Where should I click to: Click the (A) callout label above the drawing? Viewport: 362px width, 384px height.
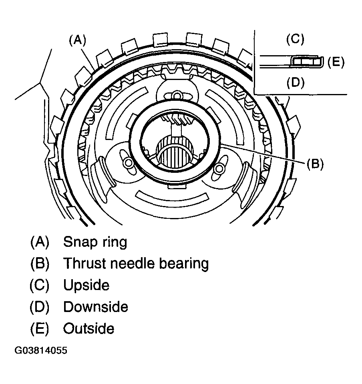pyautogui.click(x=77, y=41)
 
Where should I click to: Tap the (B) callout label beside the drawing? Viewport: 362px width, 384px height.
pyautogui.click(x=315, y=164)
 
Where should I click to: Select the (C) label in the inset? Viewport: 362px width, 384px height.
pyautogui.click(x=296, y=40)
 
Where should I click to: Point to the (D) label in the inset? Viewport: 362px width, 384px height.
pyautogui.click(x=296, y=82)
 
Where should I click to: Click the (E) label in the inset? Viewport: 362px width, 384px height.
pyautogui.click(x=336, y=62)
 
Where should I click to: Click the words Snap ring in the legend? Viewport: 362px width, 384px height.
pyautogui.click(x=95, y=242)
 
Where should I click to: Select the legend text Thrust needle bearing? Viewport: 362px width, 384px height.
pyautogui.click(x=136, y=264)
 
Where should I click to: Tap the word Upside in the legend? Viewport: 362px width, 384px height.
pyautogui.click(x=86, y=285)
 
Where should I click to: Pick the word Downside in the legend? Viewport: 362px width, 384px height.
pyautogui.click(x=96, y=307)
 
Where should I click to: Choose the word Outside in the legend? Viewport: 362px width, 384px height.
pyautogui.click(x=89, y=328)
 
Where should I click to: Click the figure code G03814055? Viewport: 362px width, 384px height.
pyautogui.click(x=41, y=350)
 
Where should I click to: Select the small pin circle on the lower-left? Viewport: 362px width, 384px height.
pyautogui.click(x=127, y=162)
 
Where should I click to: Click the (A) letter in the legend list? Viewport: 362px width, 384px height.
pyautogui.click(x=40, y=242)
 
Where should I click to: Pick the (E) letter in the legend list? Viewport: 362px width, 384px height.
pyautogui.click(x=40, y=329)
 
